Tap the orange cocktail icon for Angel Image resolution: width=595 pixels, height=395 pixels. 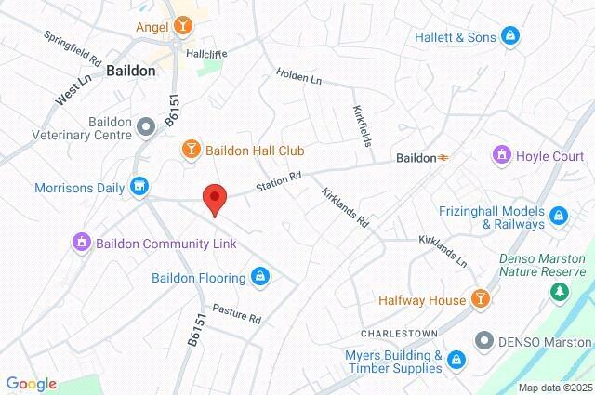183,27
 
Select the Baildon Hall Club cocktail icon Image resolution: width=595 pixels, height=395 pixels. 191,150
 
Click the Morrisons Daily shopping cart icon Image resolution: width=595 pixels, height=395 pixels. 139,187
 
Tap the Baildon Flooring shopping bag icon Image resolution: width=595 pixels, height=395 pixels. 260,276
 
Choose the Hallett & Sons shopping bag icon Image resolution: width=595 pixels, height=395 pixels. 509,36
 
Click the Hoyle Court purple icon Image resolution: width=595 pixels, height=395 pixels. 503,154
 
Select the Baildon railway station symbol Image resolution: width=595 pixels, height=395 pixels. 444,158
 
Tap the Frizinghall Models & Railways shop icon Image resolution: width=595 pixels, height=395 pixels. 559,217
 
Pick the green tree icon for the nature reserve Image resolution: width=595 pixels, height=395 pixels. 559,294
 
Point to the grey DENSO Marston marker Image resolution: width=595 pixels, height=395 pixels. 484,340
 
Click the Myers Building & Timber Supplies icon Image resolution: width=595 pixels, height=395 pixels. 456,360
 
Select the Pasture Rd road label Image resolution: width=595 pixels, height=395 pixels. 236,313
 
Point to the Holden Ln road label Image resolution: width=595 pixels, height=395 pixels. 298,77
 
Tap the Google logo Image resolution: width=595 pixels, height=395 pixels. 31,383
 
